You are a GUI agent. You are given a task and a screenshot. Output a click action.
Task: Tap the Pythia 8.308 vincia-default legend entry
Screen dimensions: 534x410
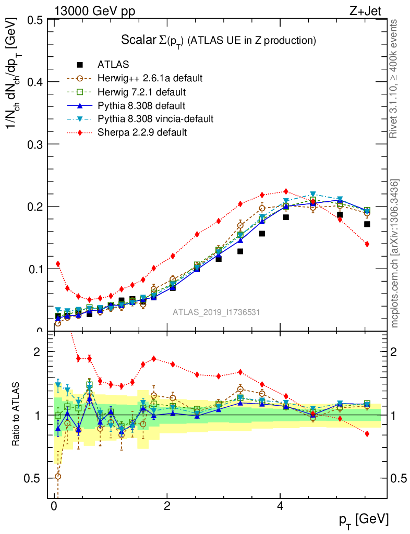[155, 119]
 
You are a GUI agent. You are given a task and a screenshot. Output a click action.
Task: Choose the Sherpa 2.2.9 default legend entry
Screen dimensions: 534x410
[142, 132]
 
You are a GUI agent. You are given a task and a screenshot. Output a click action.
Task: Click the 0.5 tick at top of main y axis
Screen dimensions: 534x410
[34, 20]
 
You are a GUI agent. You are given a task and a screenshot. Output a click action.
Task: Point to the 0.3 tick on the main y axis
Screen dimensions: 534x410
[34, 144]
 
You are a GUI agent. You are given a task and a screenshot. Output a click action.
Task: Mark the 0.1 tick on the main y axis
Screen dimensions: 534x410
[34, 269]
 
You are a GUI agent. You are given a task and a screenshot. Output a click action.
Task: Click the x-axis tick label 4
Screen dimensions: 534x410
[280, 506]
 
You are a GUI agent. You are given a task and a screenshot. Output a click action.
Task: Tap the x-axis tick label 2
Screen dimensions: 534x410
[167, 506]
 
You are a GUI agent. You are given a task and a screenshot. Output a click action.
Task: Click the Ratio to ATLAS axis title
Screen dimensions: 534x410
[16, 415]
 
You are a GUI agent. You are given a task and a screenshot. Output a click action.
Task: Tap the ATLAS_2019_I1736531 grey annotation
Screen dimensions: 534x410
[216, 312]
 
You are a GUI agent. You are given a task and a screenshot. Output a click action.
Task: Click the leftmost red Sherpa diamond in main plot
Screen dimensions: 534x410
[58, 264]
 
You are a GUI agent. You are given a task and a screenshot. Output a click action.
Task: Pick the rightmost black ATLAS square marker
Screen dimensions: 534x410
[367, 224]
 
